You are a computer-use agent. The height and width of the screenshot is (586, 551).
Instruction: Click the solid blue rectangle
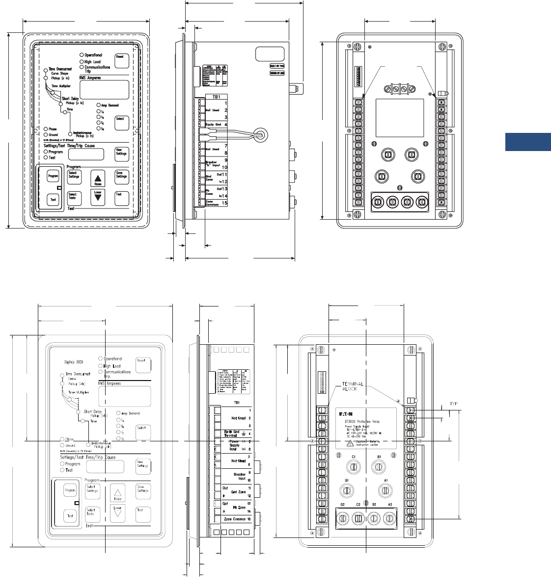tap(528, 141)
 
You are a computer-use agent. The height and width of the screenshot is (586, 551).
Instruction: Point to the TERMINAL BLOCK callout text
tap(353, 386)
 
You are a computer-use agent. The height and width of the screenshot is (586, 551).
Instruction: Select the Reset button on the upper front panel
tap(120, 60)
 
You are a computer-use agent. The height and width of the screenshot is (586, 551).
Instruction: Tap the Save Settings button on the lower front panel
tap(143, 490)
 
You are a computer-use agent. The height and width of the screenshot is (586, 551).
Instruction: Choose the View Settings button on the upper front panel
tap(121, 153)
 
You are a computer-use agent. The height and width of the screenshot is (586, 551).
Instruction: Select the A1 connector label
tap(386, 481)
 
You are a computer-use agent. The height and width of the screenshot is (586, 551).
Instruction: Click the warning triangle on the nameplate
tap(349, 443)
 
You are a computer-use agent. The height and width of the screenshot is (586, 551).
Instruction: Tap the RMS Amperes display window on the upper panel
tap(104, 90)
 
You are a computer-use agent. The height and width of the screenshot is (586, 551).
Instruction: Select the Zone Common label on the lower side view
tap(234, 519)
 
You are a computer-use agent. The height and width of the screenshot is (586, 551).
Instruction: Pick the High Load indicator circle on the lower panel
tap(101, 366)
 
